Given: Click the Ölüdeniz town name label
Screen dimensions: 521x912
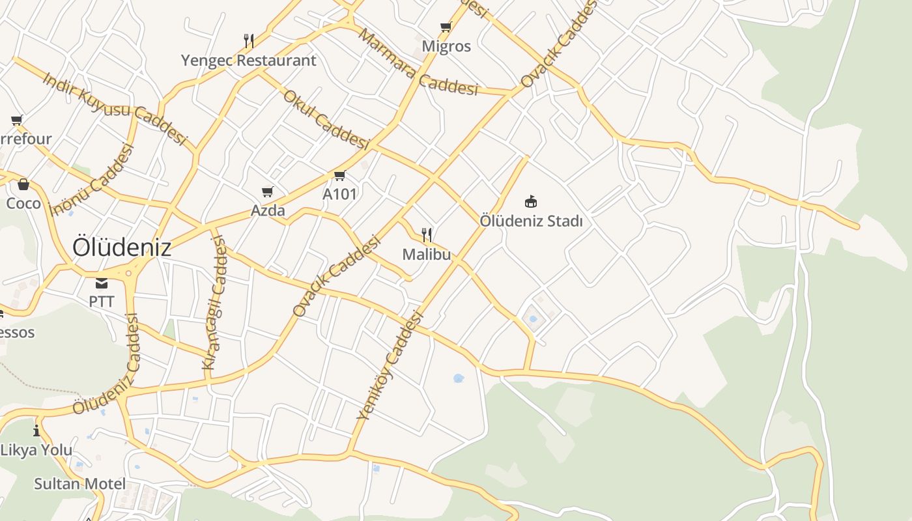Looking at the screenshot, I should point(122,247).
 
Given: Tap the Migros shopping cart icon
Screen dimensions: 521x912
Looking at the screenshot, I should point(446,27).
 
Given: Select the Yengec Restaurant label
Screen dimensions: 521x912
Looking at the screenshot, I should point(248,61).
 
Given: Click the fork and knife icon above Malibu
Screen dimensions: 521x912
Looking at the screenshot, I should point(427,235).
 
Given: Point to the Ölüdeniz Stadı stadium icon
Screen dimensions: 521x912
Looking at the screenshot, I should point(531,201).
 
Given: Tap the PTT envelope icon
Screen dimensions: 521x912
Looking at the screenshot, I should point(102,283).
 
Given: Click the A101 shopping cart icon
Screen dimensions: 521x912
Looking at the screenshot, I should point(339,176).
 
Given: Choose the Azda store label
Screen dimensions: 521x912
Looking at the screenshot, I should point(268,210).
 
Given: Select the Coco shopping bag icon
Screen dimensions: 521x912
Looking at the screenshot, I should point(23,185).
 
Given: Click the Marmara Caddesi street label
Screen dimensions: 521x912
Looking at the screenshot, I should point(418,63).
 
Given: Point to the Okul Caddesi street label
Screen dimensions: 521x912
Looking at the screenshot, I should point(326,119).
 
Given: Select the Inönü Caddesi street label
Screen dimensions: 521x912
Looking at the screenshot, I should point(92,179).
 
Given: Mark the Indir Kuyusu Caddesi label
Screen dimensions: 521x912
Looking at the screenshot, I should point(115,108).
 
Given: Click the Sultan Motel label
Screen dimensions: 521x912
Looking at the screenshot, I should point(79,484).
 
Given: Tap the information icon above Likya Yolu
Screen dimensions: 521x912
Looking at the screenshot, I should point(36,431).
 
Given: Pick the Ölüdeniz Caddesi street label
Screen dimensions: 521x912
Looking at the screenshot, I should point(106,365).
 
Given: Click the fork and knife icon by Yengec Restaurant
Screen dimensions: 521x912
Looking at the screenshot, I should point(248,41).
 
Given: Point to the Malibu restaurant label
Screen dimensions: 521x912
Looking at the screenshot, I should point(426,254).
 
